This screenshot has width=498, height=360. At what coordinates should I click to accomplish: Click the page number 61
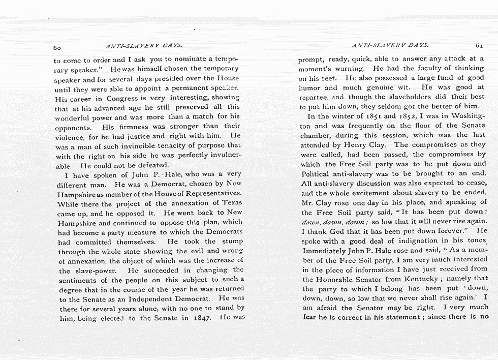(x=480, y=45)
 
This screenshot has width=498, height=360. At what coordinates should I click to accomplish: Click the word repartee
(x=314, y=97)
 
